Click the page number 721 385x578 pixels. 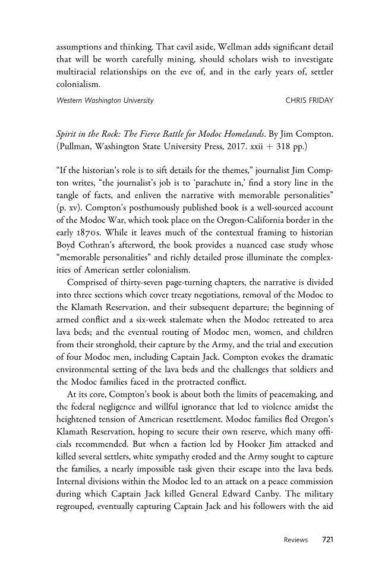(327, 540)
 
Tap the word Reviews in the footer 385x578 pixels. (295, 540)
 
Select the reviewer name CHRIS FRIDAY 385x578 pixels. (309, 100)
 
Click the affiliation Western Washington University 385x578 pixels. (105, 100)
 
